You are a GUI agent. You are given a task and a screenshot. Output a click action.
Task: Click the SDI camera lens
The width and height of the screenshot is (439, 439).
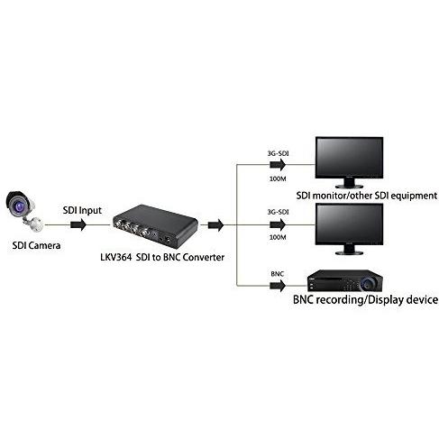coord(19,206)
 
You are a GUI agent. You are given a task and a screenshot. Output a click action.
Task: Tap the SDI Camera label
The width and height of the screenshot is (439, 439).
coord(36,245)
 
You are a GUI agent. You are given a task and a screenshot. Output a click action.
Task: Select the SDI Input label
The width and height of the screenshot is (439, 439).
coord(82,210)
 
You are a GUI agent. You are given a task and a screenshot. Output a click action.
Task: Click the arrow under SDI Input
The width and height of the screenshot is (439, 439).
coord(78,224)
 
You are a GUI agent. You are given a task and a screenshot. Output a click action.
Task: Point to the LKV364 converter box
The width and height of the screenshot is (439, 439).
coord(155,225)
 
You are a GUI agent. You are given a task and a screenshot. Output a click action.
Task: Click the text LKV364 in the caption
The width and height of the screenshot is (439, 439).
coord(116,258)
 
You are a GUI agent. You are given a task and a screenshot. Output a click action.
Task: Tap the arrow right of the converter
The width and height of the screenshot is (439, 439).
coord(215,224)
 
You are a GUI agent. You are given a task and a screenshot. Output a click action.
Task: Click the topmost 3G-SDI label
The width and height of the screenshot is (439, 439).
coord(278,153)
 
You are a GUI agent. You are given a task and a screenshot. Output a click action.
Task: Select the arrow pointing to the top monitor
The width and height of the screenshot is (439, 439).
coord(278,165)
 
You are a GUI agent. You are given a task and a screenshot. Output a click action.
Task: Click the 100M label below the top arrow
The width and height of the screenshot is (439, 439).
coord(278,178)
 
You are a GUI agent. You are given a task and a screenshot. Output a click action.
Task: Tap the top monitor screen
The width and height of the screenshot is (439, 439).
coord(349,157)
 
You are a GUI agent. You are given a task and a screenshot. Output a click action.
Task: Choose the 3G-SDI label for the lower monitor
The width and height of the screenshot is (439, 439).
coord(278,212)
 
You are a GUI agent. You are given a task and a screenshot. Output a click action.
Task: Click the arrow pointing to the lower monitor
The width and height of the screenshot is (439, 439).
coord(278,224)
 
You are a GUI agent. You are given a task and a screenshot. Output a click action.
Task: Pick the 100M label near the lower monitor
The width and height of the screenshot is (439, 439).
coord(278,237)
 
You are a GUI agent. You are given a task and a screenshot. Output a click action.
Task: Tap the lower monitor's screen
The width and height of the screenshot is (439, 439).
coord(349,224)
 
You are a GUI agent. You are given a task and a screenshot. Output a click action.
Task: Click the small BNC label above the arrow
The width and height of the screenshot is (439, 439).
coord(277,274)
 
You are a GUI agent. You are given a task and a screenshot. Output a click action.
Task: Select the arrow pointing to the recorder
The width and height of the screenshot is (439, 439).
coord(278,286)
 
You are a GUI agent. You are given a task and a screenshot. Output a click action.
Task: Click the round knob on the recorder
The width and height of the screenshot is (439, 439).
coord(368,282)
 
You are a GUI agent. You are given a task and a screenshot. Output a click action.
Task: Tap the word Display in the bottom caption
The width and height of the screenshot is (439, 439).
coord(386,300)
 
